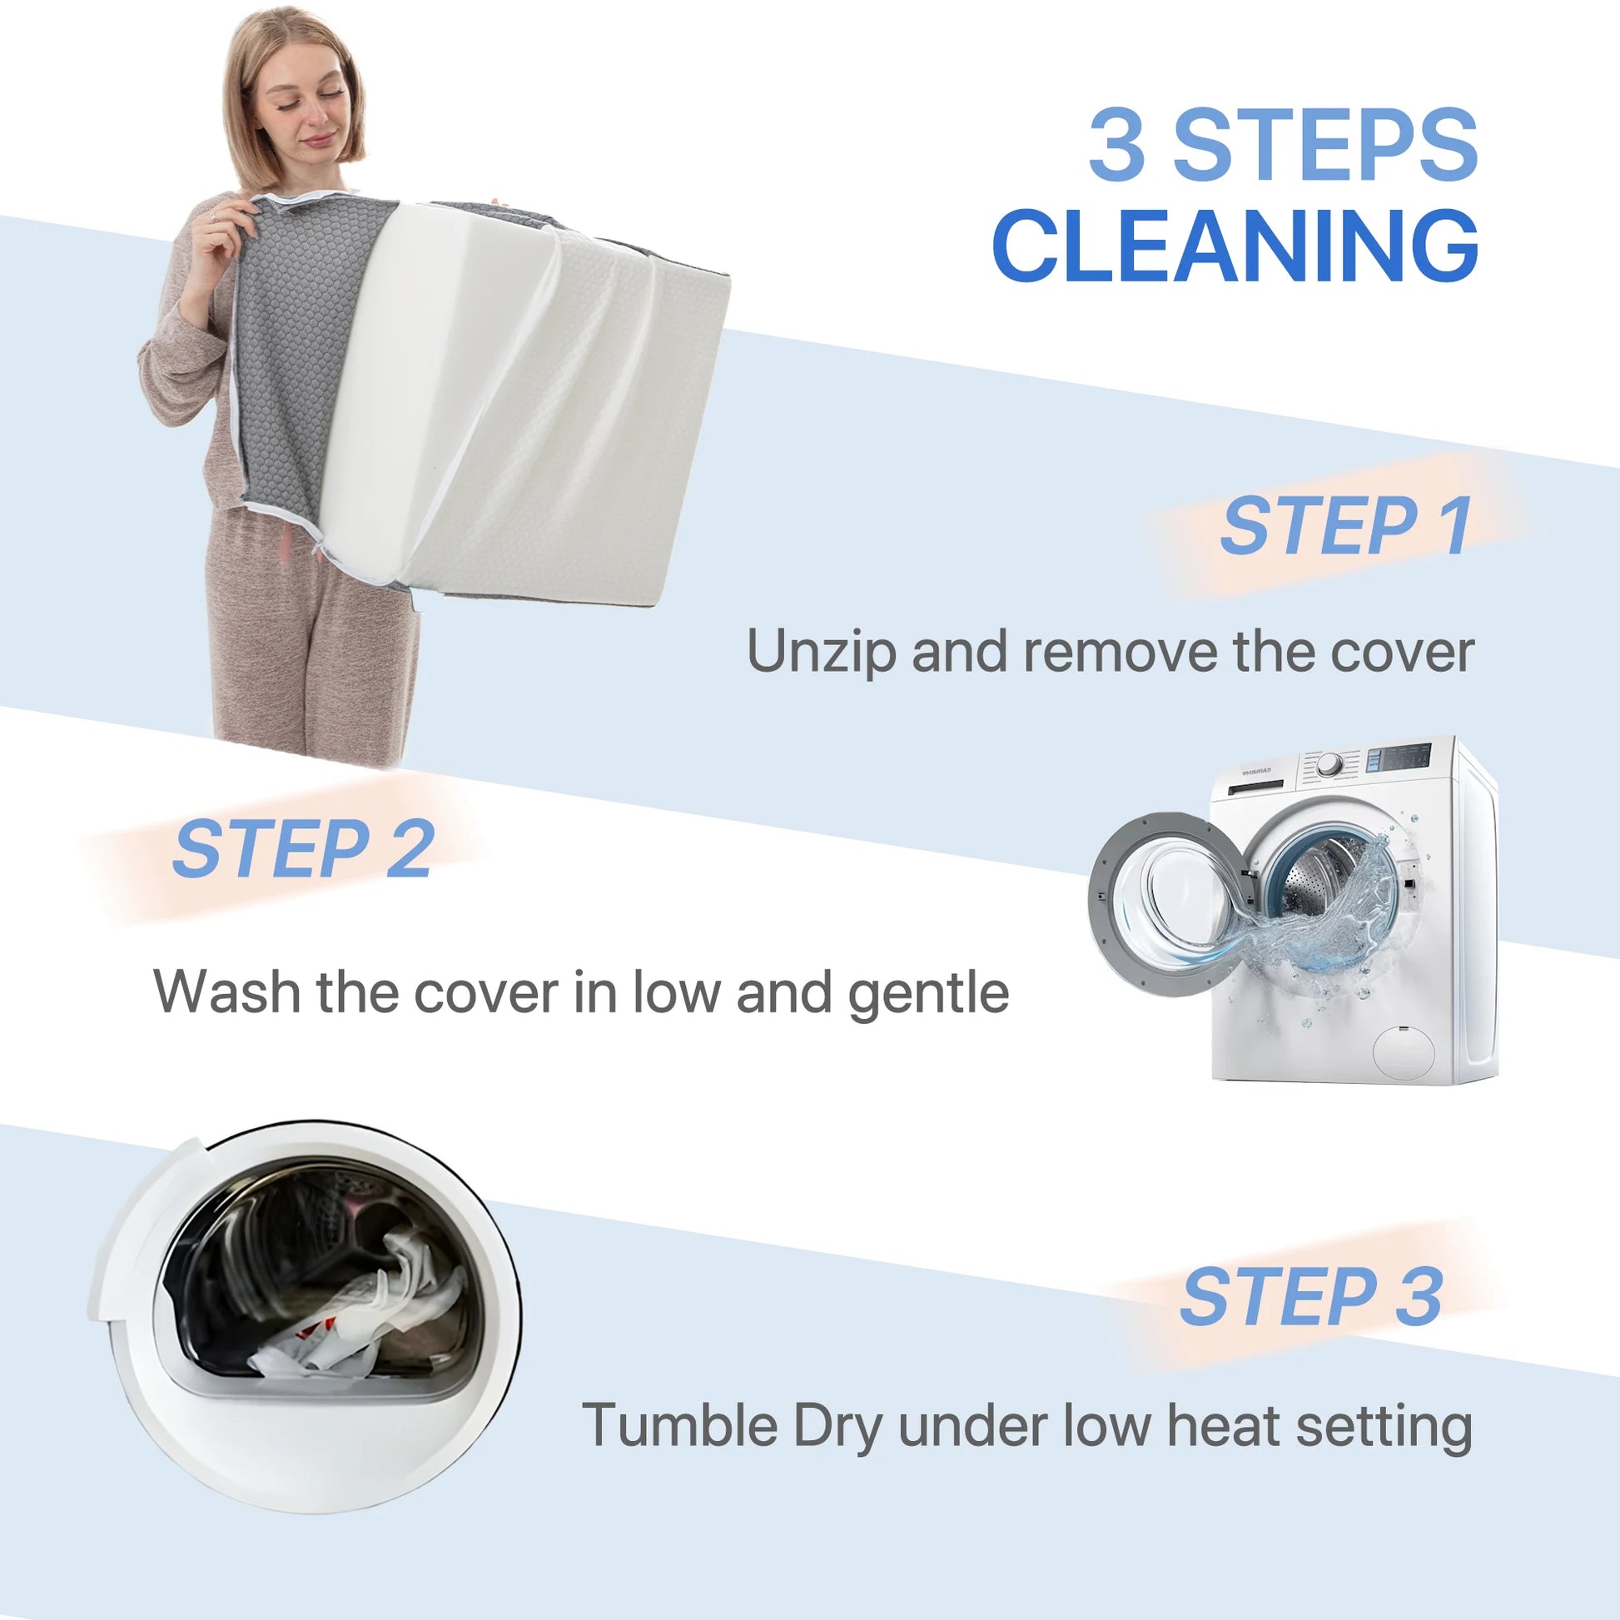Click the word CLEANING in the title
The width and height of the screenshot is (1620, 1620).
[1235, 246]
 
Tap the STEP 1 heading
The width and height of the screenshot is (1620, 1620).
[1346, 526]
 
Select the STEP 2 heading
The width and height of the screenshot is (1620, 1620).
[303, 848]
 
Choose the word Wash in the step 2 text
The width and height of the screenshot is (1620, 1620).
[226, 992]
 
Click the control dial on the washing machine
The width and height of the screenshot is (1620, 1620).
[1329, 765]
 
